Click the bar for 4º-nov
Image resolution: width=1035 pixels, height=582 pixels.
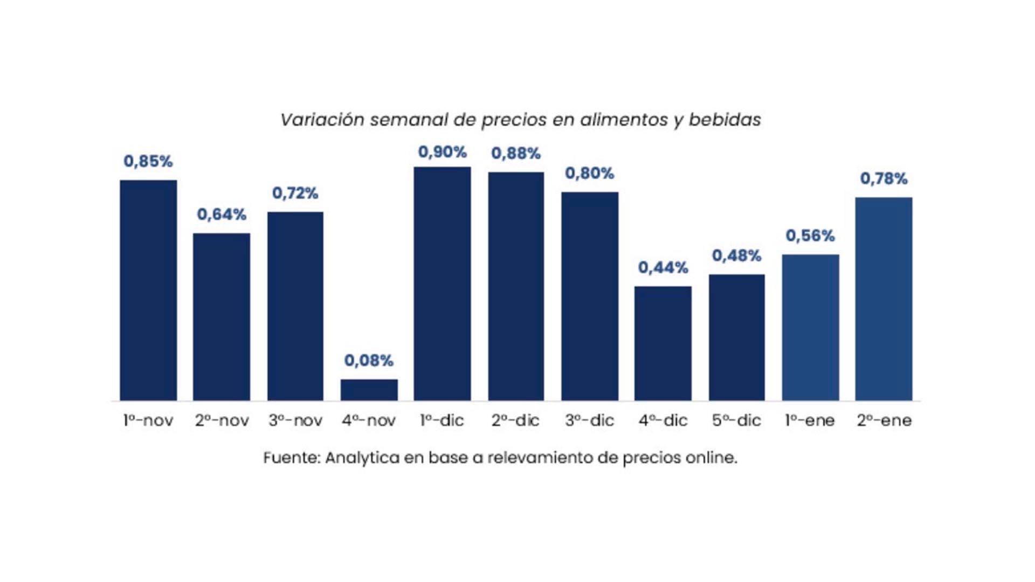(x=369, y=390)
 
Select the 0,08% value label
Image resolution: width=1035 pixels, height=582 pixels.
(x=369, y=361)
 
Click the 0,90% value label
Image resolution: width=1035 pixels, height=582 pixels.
(x=442, y=152)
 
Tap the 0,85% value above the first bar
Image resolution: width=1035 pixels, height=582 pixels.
(x=148, y=161)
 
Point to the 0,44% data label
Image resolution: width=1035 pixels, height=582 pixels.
(x=663, y=267)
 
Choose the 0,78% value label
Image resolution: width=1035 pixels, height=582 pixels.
(x=884, y=178)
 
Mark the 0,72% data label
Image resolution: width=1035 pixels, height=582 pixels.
(x=295, y=193)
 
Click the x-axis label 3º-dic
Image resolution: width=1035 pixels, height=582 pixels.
(x=589, y=420)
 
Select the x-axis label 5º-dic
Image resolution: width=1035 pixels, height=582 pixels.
(x=736, y=420)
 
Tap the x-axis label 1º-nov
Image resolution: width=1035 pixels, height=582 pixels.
(x=148, y=420)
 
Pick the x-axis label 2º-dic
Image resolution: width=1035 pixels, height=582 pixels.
(x=515, y=420)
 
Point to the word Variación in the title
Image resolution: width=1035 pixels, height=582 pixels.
(x=322, y=120)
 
